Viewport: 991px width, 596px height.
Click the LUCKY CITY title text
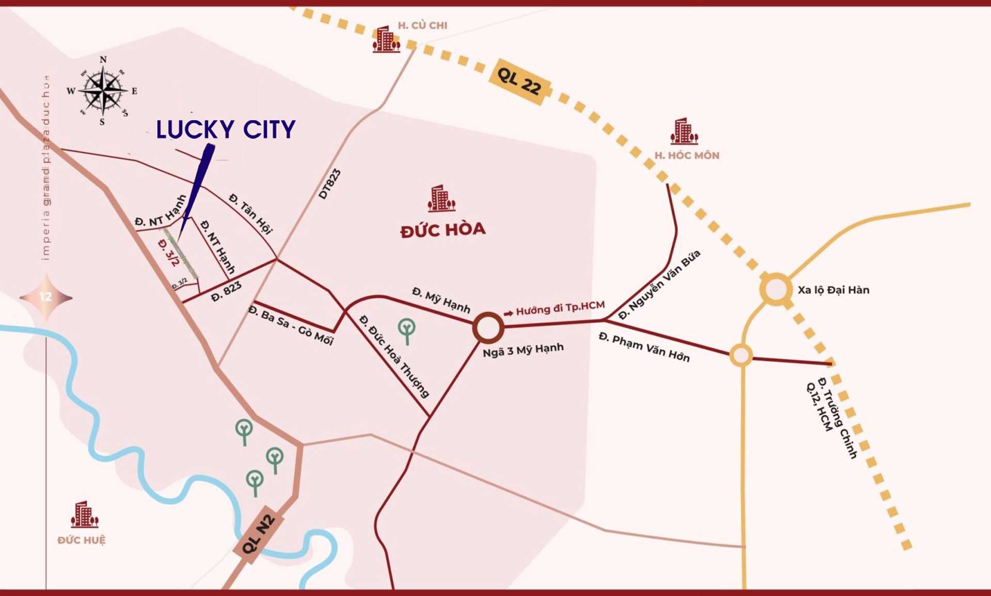point(226,129)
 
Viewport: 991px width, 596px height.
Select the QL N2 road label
point(259,534)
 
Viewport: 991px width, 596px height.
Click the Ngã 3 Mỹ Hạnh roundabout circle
point(488,327)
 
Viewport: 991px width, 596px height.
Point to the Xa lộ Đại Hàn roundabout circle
point(776,289)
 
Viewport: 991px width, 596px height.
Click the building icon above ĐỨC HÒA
point(441,199)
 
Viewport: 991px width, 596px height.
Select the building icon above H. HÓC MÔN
point(684,131)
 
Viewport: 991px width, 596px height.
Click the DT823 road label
point(330,184)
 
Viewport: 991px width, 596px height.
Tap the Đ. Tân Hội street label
point(251,213)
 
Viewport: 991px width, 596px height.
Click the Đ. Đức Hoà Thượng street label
point(394,357)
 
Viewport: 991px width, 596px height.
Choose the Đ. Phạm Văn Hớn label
point(644,347)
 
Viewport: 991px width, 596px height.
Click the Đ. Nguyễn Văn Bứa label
point(659,284)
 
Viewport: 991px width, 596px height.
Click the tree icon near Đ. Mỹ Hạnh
point(407,331)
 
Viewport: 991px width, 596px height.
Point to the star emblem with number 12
point(46,297)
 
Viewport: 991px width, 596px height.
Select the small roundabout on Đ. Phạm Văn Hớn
point(741,355)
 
